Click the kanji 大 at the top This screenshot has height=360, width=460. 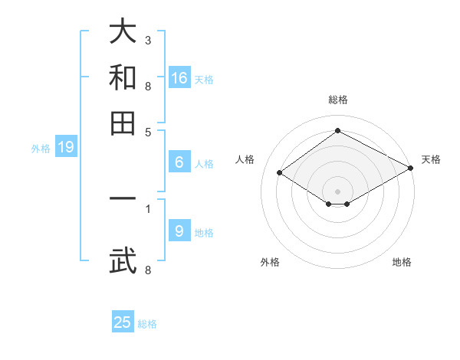[123, 33]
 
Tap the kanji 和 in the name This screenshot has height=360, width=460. [123, 77]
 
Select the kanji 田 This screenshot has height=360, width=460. [123, 122]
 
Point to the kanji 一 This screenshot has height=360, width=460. [123, 200]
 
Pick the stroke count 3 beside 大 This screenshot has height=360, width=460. [148, 39]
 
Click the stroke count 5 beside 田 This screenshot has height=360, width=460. [148, 131]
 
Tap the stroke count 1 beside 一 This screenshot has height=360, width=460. [148, 208]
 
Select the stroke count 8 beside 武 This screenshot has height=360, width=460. [148, 270]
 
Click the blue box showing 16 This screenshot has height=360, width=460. [179, 77]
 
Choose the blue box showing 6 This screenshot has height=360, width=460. [179, 162]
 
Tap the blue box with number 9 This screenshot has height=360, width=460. [179, 231]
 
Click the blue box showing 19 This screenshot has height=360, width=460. [66, 148]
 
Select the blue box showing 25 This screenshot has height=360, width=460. [123, 322]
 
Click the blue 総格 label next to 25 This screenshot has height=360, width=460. [147, 324]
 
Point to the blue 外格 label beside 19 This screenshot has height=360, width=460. [41, 149]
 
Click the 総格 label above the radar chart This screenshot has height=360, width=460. [337, 100]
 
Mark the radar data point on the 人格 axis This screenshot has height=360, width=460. [280, 173]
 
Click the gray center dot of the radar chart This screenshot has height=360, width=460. [337, 191]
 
